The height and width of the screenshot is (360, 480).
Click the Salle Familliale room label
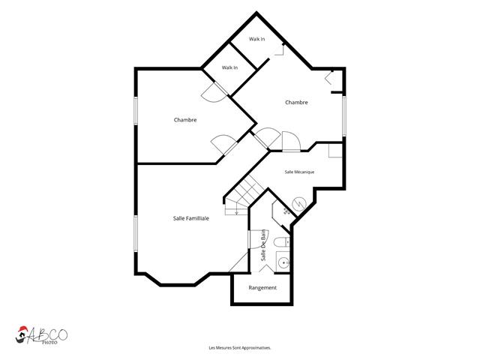tap(191, 218)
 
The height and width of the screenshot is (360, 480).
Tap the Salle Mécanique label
tap(299, 172)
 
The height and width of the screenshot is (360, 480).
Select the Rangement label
tap(262, 288)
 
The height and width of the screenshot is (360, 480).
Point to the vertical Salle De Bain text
tap(263, 245)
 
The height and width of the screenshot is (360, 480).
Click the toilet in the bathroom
tap(282, 241)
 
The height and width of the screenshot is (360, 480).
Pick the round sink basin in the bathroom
tap(284, 262)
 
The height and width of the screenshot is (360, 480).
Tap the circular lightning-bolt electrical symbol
tap(298, 205)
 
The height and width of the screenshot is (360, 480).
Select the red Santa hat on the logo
tap(22, 329)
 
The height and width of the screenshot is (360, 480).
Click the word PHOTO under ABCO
tap(49, 342)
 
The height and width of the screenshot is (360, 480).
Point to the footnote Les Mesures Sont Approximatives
tap(240, 348)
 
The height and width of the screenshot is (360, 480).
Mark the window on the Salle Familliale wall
tap(136, 233)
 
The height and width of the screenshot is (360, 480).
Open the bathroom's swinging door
tap(258, 239)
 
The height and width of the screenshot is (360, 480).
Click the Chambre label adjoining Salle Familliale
tap(185, 120)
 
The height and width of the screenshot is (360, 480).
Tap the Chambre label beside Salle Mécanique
tap(296, 103)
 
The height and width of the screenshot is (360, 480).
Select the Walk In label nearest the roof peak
tap(256, 39)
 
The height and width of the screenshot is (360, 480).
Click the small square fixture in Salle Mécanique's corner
tap(335, 151)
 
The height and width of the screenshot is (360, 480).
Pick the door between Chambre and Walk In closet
tap(214, 92)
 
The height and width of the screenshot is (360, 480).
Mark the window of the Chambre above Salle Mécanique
tap(344, 116)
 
